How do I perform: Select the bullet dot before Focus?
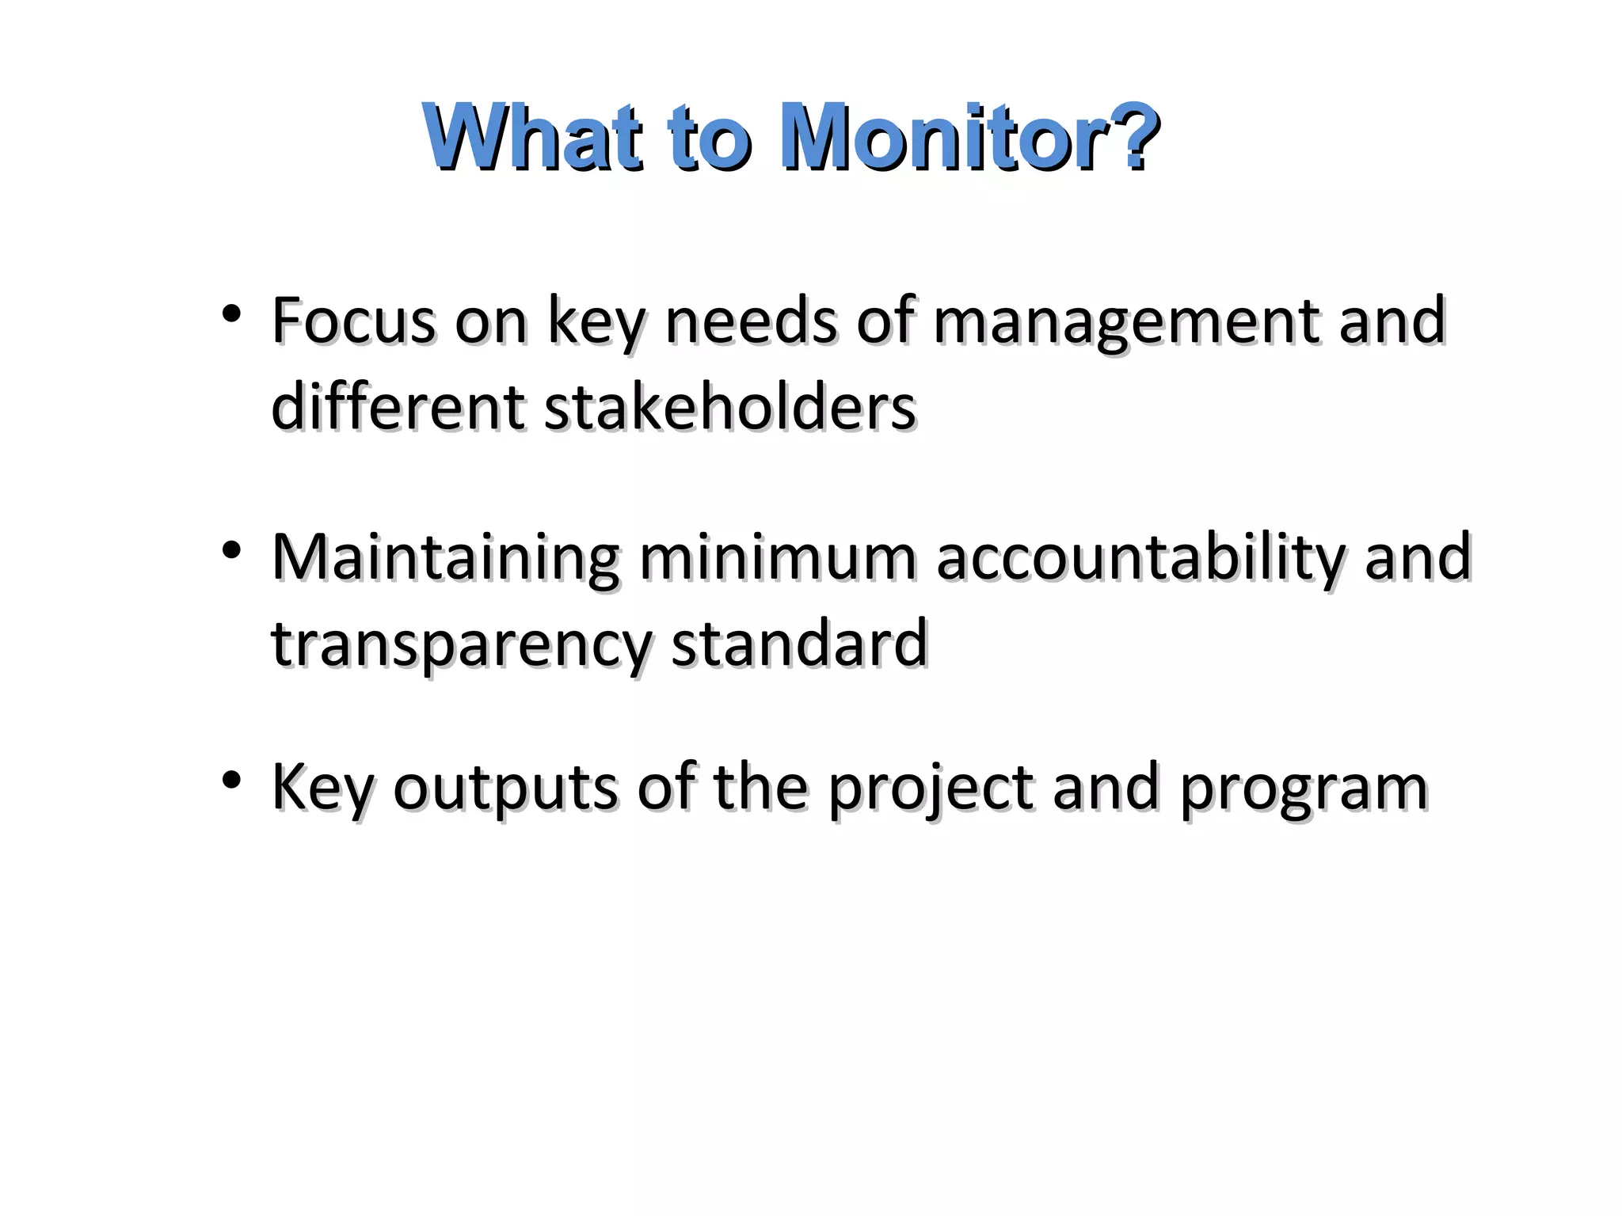coord(231,315)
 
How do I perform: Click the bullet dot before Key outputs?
coord(231,781)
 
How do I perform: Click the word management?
coord(1126,322)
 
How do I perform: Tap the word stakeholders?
coord(729,407)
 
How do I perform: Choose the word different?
coord(398,407)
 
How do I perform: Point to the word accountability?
coord(1140,558)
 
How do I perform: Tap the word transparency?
coord(461,644)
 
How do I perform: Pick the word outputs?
coord(504,788)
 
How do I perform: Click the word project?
coord(931,788)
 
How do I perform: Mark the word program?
coord(1303,788)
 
